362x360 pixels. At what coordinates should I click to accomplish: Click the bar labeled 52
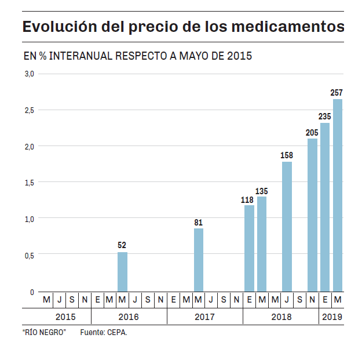point(122,272)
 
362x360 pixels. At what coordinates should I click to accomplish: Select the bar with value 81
point(199,260)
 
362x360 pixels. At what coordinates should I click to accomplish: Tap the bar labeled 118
point(249,249)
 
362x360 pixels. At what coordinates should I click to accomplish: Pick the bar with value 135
point(262,244)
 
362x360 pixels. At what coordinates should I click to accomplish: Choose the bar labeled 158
point(287,227)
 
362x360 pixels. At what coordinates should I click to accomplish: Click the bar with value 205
point(312,215)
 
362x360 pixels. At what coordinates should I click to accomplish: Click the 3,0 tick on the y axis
point(29,74)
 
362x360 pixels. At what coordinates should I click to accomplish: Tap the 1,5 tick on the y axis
point(29,183)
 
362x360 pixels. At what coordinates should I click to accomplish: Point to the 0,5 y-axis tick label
point(29,255)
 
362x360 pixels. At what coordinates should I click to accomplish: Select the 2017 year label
point(204,317)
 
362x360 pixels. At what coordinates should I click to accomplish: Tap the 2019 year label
point(332,317)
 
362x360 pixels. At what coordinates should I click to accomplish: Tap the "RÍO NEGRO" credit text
point(44,333)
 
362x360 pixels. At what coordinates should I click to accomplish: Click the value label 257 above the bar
point(337,93)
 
